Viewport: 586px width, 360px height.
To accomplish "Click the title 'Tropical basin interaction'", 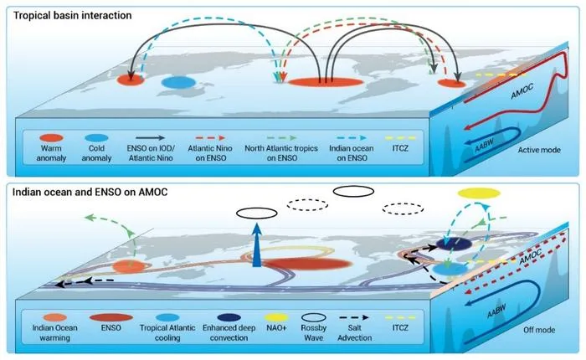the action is click(73, 15).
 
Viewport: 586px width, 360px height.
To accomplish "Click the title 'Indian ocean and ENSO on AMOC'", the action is click(90, 193).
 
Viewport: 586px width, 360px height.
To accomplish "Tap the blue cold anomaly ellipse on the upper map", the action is click(179, 82).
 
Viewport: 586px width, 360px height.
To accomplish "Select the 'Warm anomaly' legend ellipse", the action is click(51, 138).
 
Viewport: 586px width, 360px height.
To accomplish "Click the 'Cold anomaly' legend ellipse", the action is click(96, 138).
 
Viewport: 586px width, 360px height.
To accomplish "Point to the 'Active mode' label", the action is click(539, 150).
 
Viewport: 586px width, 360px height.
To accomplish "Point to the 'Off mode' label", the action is click(539, 330).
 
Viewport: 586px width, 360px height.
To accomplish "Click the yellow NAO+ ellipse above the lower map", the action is click(479, 193).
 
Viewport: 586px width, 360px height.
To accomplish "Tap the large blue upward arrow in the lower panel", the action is click(257, 244).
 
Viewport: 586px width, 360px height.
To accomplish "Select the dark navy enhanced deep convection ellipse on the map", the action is click(454, 244).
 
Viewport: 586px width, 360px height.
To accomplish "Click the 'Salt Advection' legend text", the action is click(354, 332).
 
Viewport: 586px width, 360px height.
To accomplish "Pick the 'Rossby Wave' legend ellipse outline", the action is click(314, 318).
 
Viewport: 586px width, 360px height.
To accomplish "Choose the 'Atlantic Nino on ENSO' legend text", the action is click(210, 153).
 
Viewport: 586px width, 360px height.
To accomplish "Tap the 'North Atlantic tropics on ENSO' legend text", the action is click(281, 153).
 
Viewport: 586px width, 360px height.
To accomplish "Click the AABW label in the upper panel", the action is click(484, 145).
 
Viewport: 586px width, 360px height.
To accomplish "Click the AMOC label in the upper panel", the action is click(522, 91).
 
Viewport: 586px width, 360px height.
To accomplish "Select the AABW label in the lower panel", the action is click(496, 311).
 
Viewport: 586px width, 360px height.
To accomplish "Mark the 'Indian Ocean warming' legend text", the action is click(54, 332).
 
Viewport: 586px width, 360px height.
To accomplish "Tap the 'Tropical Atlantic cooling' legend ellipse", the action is click(167, 318).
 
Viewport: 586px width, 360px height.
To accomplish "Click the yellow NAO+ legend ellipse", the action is click(276, 318).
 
